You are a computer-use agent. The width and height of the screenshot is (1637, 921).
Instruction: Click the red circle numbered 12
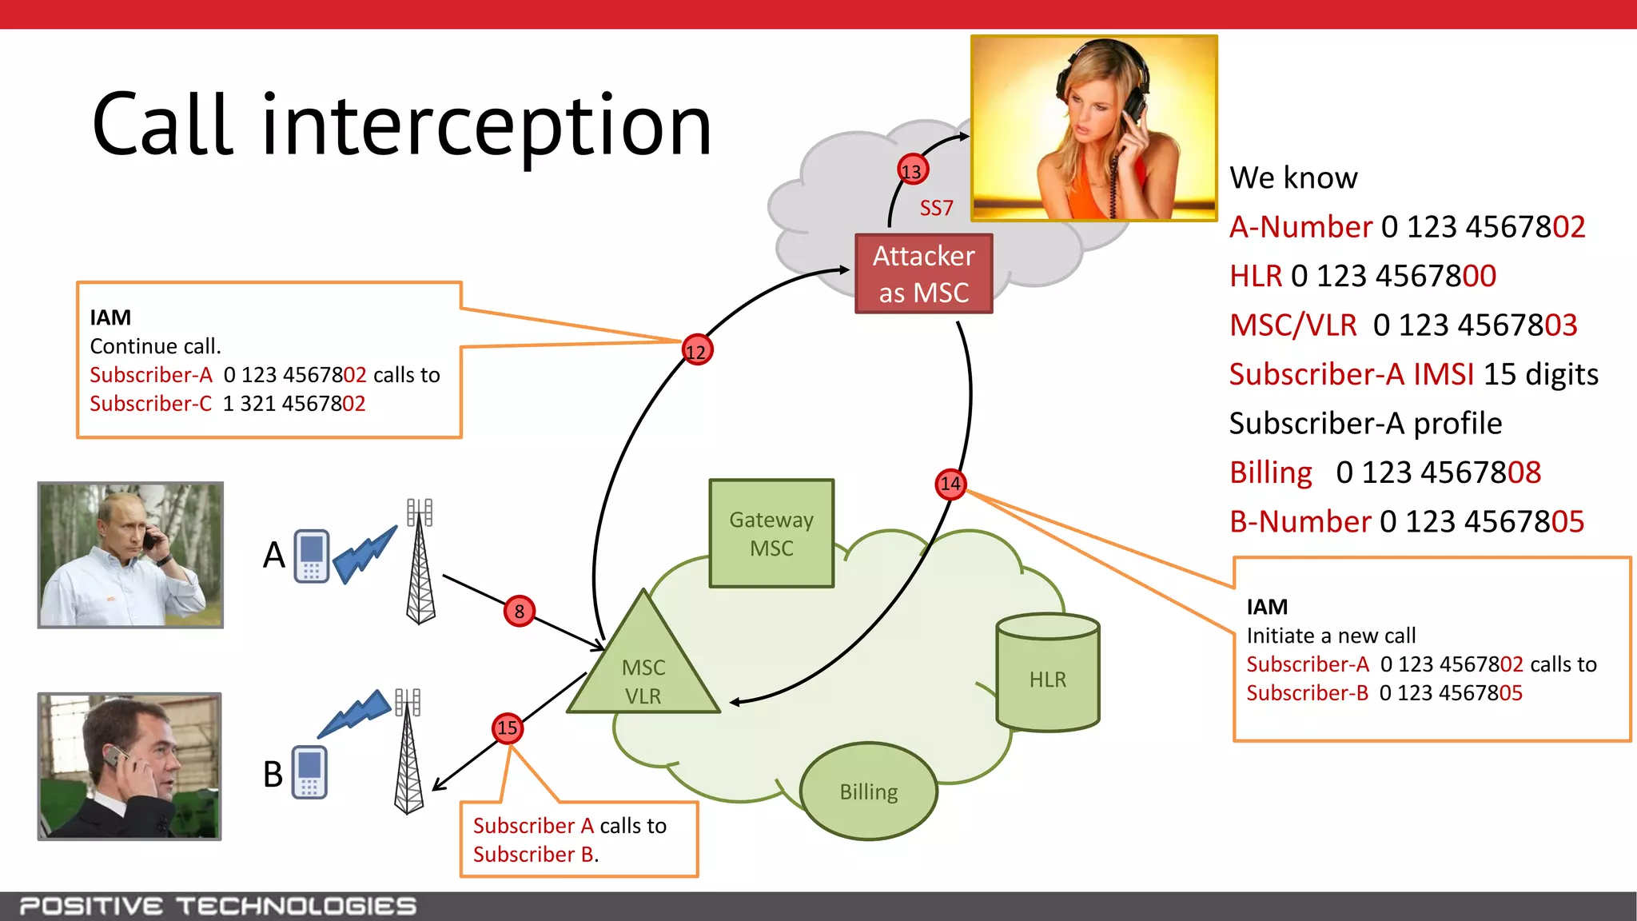[697, 351]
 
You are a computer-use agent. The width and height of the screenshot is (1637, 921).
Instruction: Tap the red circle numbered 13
[911, 170]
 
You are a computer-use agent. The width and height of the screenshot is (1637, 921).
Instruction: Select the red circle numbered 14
[950, 484]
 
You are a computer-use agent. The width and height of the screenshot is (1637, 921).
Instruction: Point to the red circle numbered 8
[520, 612]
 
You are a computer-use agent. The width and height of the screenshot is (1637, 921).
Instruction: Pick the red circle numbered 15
[508, 728]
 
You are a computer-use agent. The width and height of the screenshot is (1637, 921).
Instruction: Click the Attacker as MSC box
[923, 273]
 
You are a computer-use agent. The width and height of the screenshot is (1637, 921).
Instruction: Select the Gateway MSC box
[771, 533]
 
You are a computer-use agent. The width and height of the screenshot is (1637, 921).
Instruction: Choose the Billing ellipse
[869, 791]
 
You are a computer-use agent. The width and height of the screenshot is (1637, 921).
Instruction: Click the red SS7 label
[936, 209]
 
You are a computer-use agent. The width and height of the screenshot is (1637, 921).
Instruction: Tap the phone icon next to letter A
[311, 556]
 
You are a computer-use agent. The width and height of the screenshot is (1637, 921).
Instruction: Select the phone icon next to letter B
[309, 772]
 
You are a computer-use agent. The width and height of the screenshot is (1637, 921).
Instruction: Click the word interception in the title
[486, 126]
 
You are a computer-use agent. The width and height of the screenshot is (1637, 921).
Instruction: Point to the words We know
[1293, 177]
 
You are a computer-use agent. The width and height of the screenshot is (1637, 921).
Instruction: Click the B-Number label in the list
[1300, 522]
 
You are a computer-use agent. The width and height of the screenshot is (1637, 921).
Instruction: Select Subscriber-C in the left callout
[151, 404]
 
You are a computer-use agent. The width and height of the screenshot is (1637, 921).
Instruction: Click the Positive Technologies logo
[217, 906]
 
